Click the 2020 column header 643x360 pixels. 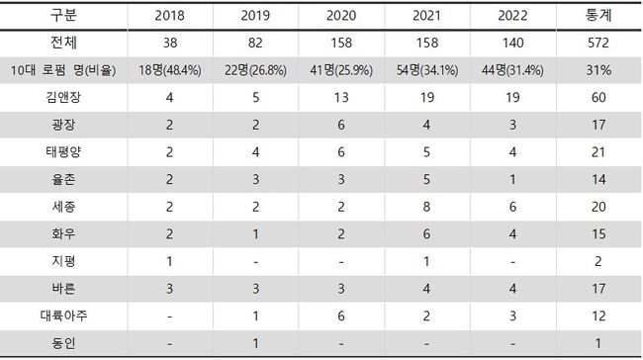coord(341,16)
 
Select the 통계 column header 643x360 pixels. coord(598,15)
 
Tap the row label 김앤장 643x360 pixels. coord(63,97)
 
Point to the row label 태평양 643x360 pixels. coord(63,152)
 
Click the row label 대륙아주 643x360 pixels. coord(63,315)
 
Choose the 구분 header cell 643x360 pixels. coord(63,15)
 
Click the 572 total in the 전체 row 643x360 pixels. coord(598,43)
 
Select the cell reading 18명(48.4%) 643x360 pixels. coord(170,70)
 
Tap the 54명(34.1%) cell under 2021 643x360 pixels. coord(427,70)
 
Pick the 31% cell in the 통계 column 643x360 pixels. coord(598,70)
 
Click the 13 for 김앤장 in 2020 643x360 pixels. coord(341,97)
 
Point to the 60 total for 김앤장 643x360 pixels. coord(598,97)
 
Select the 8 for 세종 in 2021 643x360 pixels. coord(427,207)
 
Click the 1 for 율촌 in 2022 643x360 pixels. coord(512,179)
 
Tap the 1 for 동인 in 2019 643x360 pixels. coord(255,343)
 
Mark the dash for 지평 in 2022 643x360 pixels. coord(512,262)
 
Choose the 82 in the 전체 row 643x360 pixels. coord(255,43)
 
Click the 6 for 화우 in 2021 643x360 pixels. coord(427,233)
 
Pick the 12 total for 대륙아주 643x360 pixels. coord(598,315)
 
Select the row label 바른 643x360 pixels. coord(63,289)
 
